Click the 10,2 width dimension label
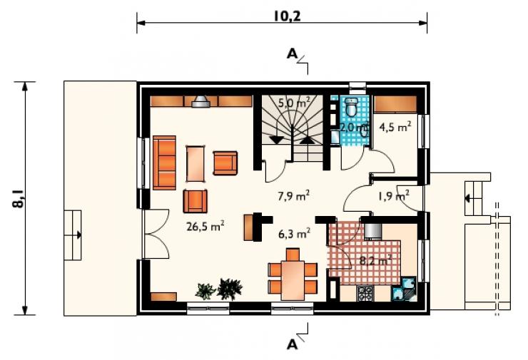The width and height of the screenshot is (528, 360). point(287,16)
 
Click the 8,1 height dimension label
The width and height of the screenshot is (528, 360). point(19,199)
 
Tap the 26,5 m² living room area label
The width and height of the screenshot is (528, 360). point(205,227)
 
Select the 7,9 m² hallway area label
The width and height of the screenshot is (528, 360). point(294,195)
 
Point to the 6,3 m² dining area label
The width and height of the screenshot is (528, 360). point(294,233)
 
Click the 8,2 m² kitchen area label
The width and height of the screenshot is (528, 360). point(375,260)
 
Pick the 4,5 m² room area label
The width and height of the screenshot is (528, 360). point(395,127)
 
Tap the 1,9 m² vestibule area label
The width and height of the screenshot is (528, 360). point(394,195)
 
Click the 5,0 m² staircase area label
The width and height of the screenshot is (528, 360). point(294,103)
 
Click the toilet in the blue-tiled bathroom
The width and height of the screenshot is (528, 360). point(352,107)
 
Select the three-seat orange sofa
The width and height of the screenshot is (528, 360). point(164,163)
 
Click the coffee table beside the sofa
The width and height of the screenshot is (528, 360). point(196,163)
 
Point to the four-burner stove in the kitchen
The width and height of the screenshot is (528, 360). point(365,294)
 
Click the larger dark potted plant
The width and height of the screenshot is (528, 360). point(230,289)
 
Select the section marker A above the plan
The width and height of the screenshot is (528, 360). point(292,54)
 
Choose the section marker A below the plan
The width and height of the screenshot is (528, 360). point(292,344)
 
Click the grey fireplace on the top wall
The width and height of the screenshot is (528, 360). point(200,101)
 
